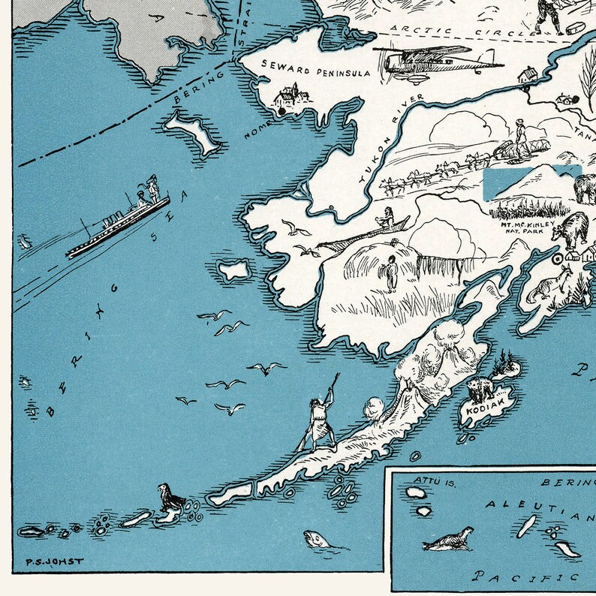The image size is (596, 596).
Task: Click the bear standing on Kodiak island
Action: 479,389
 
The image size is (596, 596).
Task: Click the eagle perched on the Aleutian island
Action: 170,500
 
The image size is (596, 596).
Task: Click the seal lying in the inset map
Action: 449,537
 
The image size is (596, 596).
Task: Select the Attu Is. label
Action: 429,479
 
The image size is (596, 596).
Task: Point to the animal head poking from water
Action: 315,539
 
